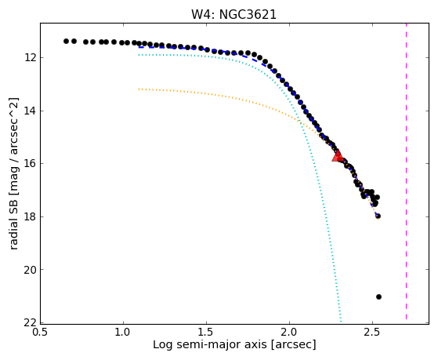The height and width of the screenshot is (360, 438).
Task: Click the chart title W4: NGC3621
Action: pyautogui.click(x=233, y=15)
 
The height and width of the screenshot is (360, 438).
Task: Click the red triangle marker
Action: pyautogui.click(x=338, y=156)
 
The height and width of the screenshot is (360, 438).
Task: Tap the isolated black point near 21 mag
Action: pyautogui.click(x=378, y=296)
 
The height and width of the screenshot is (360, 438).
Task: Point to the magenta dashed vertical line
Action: pyautogui.click(x=406, y=171)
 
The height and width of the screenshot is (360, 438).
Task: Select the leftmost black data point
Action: pyautogui.click(x=66, y=41)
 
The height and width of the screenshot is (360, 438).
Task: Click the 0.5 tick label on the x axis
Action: pyautogui.click(x=40, y=332)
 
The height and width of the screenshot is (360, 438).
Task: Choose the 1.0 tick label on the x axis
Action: pyautogui.click(x=123, y=332)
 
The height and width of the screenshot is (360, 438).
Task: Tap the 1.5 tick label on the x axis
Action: pyautogui.click(x=206, y=332)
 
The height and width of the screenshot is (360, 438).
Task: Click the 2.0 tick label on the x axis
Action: pyautogui.click(x=289, y=332)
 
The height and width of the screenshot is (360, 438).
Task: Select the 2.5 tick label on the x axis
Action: pyautogui.click(x=372, y=332)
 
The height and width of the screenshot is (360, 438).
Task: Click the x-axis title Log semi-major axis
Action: pyautogui.click(x=209, y=345)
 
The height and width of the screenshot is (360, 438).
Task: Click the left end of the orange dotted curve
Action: pyautogui.click(x=139, y=89)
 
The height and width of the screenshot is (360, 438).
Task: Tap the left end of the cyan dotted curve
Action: pyautogui.click(x=139, y=55)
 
